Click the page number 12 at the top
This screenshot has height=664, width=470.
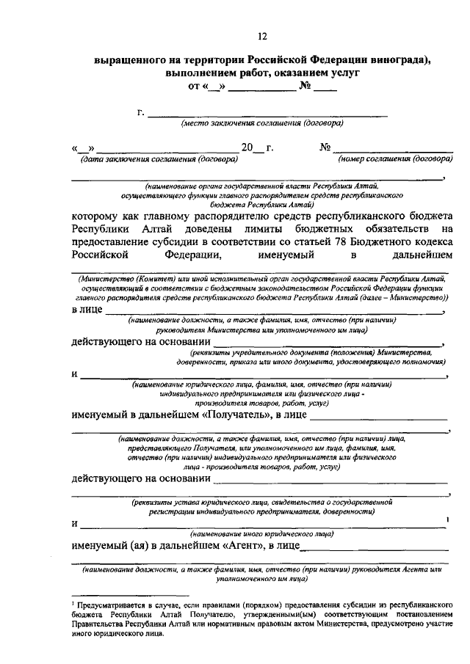click(263, 37)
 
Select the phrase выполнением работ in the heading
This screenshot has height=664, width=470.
click(213, 75)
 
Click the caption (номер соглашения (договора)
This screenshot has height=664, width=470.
click(394, 159)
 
